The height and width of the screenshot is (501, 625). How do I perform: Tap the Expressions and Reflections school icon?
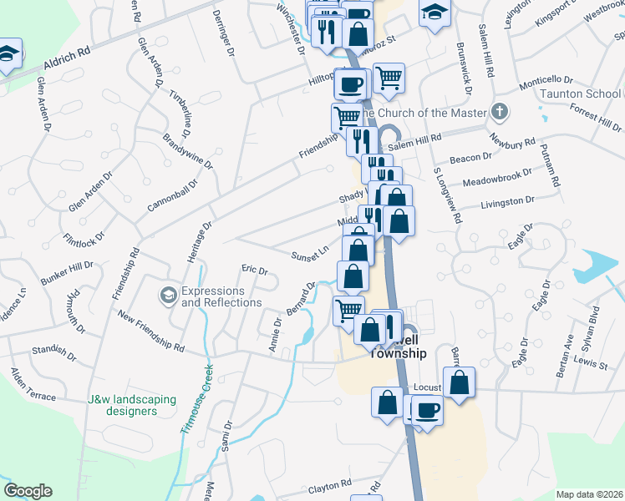[x=169, y=294]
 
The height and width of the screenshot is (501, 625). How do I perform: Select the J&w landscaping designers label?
[x=132, y=405]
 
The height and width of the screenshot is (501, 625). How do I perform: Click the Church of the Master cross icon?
[x=500, y=112]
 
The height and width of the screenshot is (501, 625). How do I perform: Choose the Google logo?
[x=28, y=491]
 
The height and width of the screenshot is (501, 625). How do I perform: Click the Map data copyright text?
[x=589, y=494]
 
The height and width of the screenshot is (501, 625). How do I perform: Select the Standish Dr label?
[x=49, y=357]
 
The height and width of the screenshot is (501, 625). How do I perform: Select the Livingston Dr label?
[x=507, y=201]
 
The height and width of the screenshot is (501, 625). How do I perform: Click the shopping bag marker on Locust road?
[x=459, y=382]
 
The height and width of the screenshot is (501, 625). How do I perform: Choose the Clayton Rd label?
[x=328, y=486]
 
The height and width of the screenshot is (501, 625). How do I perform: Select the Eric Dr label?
[x=254, y=271]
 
